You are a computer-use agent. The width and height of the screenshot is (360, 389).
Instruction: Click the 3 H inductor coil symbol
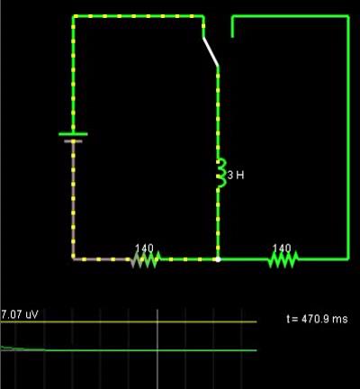point(221,173)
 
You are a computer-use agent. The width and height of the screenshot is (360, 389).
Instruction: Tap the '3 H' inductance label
point(236,175)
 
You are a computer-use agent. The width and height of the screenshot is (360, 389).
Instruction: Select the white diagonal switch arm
point(211,51)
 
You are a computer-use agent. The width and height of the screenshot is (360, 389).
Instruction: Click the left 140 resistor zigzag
point(146,259)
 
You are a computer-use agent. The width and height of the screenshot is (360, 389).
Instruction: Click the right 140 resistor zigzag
point(283,259)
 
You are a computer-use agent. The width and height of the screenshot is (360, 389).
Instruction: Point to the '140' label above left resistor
point(144,249)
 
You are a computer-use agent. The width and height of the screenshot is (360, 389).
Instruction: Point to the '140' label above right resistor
point(282,249)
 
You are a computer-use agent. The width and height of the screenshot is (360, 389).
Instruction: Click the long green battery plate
point(73,134)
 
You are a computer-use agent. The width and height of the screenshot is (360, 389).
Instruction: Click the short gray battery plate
point(73,141)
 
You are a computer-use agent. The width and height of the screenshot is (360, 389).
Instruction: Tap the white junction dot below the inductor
point(218,259)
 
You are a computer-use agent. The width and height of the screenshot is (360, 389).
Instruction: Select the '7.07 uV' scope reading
point(20,314)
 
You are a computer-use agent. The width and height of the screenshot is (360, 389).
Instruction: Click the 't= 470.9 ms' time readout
point(317,319)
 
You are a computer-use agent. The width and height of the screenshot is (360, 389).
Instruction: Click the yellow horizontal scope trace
point(129,321)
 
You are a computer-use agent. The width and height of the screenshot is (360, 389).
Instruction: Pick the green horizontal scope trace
point(129,350)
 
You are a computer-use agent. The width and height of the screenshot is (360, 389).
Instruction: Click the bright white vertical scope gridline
point(157,348)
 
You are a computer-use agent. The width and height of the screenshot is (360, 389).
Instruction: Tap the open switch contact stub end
point(232,37)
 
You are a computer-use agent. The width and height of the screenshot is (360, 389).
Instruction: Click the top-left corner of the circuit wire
point(74,16)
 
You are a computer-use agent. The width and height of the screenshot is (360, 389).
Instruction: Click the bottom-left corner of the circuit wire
point(74,259)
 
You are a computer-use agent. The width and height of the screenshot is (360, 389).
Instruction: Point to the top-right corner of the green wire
point(348,16)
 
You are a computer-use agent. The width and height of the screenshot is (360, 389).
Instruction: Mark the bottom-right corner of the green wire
point(348,259)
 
